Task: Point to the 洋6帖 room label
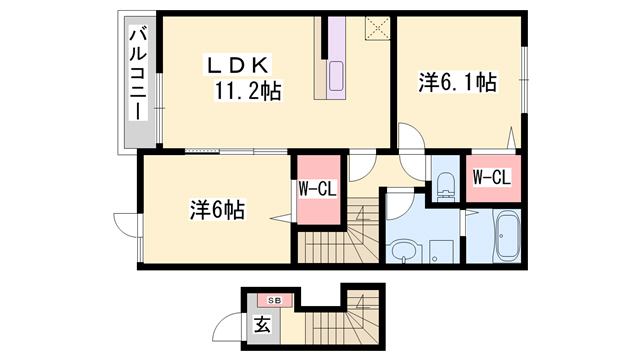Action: coord(217,210)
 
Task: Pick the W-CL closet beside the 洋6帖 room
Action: coord(317,188)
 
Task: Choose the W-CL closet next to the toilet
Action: coord(491,178)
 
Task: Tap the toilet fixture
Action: coord(445,183)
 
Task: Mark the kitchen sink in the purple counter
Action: coord(335,75)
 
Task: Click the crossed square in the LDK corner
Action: coord(378,27)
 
